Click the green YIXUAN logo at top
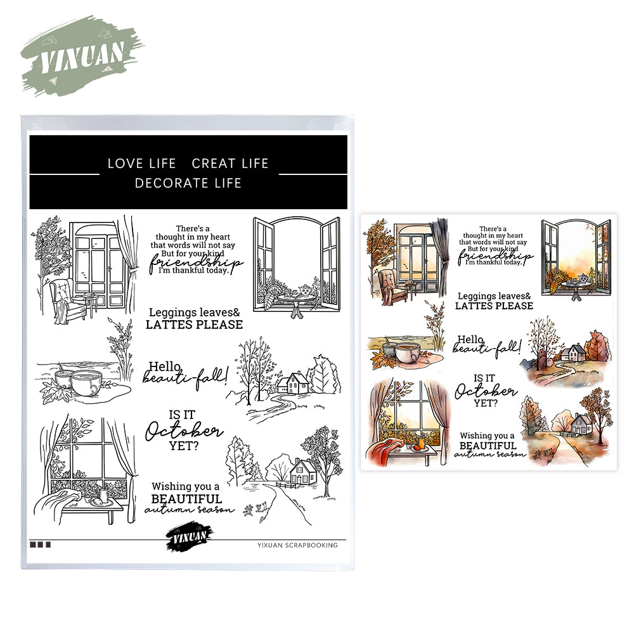(82, 56)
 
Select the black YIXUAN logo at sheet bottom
(190, 536)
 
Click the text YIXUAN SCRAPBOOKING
(297, 545)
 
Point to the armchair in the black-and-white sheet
(68, 301)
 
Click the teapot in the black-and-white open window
(305, 290)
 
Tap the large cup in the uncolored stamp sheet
(86, 383)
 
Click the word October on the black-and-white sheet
(184, 430)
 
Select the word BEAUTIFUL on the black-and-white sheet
(186, 498)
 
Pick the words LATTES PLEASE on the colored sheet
(494, 306)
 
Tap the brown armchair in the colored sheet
(393, 287)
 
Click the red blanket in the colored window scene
(383, 450)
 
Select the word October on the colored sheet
(486, 391)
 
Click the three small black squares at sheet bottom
(40, 545)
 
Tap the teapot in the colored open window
(583, 278)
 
